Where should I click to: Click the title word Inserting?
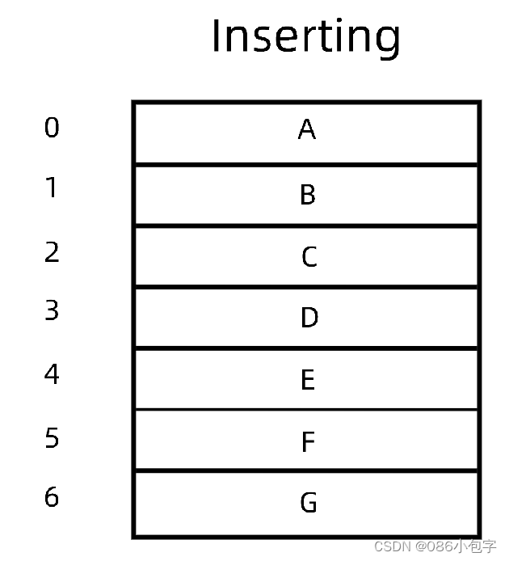coord(305,36)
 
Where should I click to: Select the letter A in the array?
coord(306,129)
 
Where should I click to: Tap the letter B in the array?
coord(307,195)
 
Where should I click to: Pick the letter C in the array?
coord(309,257)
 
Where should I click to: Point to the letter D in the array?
coord(309,318)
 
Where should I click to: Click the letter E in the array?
coord(307,380)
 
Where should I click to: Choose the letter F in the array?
coord(307,442)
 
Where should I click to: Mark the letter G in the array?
coord(308,504)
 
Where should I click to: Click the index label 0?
coord(52,128)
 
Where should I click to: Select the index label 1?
coord(52,188)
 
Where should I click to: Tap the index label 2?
coord(52,252)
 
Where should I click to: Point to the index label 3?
coord(52,310)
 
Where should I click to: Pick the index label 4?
coord(52,374)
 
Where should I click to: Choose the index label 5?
coord(52,438)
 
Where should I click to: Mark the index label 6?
coord(52,497)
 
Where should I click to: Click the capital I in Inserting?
coord(217,36)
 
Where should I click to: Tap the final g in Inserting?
coord(386,40)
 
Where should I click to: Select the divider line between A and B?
coord(306,165)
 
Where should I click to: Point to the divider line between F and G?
coord(306,470)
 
